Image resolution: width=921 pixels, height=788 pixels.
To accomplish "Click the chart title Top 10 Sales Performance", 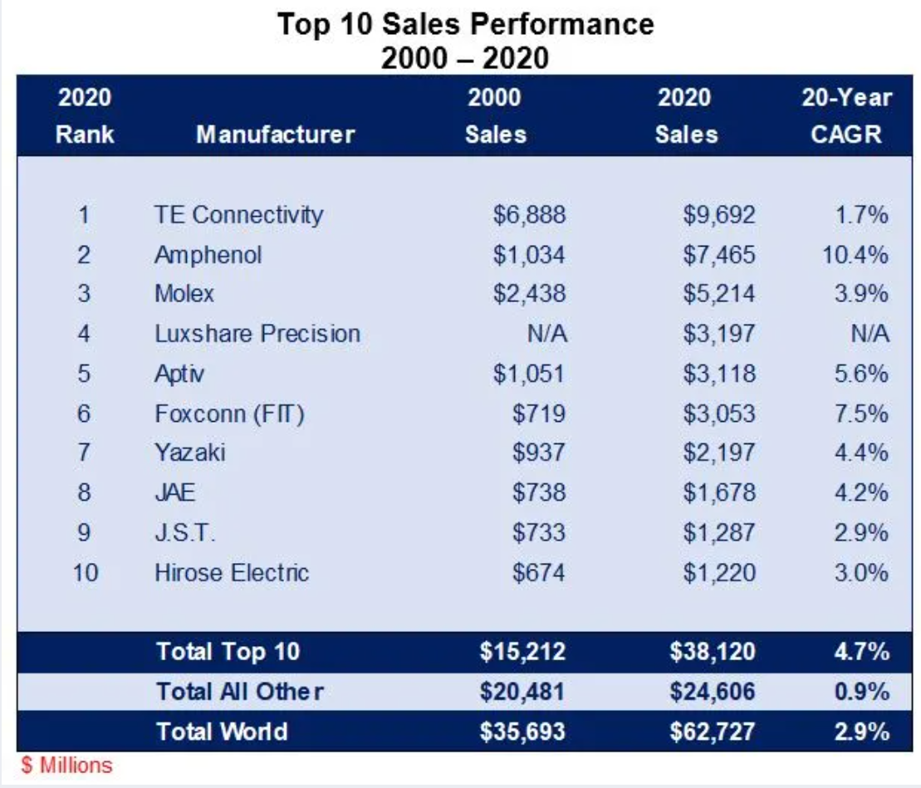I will [465, 23].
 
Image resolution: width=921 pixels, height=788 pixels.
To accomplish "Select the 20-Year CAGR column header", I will [845, 115].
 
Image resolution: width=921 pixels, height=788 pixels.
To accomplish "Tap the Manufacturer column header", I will [275, 135].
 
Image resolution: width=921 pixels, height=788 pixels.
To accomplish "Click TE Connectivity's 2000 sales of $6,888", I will [529, 214].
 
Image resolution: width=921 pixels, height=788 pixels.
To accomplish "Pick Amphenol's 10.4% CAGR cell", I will [855, 254].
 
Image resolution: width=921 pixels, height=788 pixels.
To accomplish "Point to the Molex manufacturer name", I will [184, 293].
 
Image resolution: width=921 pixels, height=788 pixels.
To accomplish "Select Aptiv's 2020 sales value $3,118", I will [719, 374].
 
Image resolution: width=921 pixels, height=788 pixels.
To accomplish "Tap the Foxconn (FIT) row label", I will [229, 413].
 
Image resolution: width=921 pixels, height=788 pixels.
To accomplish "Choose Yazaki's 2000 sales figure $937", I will [539, 453].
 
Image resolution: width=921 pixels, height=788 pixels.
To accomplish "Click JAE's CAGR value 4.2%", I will [862, 492].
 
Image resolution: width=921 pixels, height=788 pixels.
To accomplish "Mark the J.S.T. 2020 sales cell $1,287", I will [719, 532].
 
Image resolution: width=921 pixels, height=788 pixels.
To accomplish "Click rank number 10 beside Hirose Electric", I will [86, 572].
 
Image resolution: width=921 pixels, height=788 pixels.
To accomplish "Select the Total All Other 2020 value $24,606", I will [713, 691].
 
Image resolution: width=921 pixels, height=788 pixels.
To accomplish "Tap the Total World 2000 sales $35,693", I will [522, 731].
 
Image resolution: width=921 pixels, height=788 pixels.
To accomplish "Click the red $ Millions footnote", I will [66, 765].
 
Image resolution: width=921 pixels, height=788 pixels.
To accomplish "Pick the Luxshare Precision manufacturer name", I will [257, 334].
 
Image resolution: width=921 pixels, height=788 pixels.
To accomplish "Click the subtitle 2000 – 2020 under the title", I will [465, 57].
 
